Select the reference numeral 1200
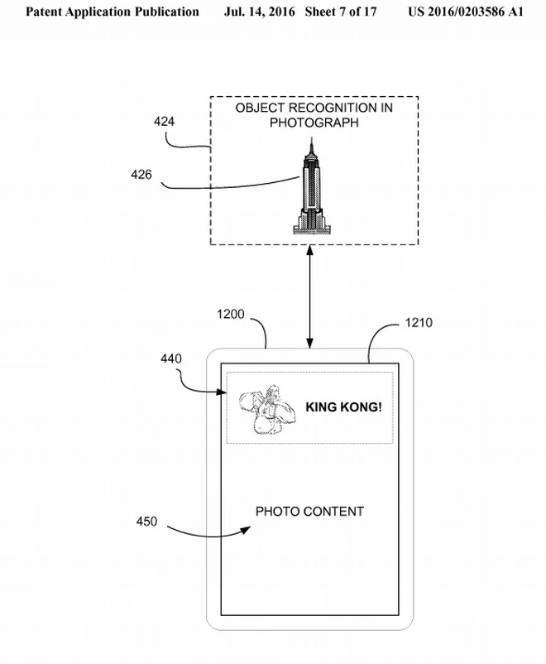232,315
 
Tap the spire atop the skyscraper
313,147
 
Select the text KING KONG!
343,407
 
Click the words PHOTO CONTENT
309,512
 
